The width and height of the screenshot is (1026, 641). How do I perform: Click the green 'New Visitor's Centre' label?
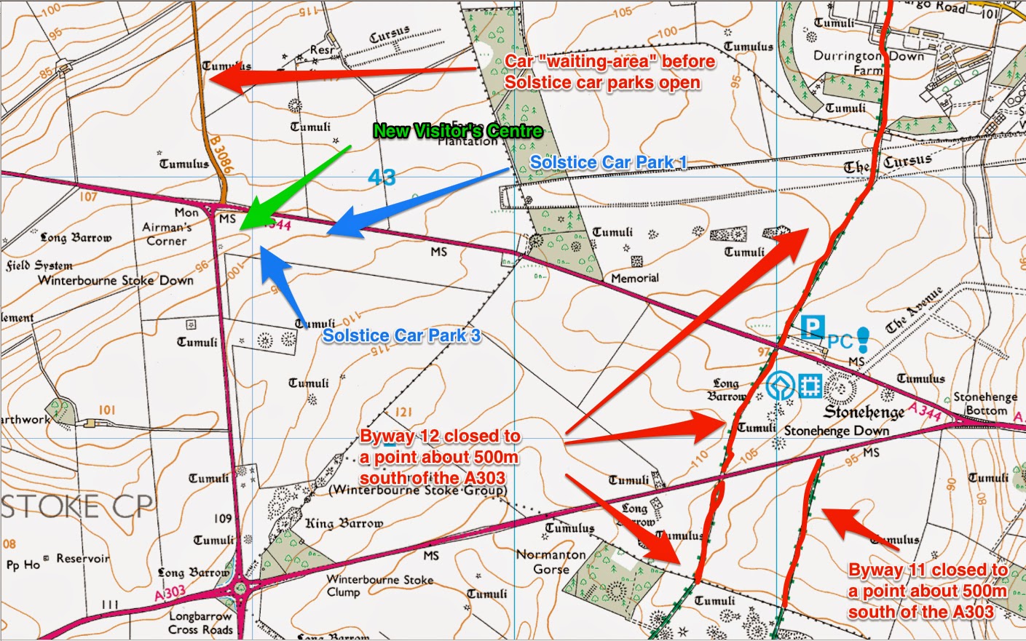tap(457, 132)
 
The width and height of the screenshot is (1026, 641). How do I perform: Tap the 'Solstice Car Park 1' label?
tap(608, 162)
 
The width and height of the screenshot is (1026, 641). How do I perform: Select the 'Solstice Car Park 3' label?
tap(401, 335)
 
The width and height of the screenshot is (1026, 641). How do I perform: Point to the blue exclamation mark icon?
tap(863, 338)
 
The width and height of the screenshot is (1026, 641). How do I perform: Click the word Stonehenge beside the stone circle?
tap(864, 413)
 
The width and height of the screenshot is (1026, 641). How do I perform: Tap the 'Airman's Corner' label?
tap(167, 234)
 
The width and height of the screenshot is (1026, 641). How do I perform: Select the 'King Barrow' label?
tap(344, 523)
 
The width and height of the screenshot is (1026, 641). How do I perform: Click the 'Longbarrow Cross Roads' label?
tap(200, 624)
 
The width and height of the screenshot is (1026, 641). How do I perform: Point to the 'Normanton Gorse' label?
tap(551, 561)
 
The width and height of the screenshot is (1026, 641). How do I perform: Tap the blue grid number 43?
tap(382, 177)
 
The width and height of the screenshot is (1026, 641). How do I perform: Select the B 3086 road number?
tap(221, 154)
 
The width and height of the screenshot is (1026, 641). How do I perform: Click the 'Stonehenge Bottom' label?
tap(985, 404)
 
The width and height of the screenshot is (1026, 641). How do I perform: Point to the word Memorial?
tap(634, 278)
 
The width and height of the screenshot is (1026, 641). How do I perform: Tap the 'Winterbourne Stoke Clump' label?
tap(379, 585)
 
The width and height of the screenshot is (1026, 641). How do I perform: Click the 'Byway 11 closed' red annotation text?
tap(928, 591)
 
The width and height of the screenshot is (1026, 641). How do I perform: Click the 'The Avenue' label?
tap(914, 311)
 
